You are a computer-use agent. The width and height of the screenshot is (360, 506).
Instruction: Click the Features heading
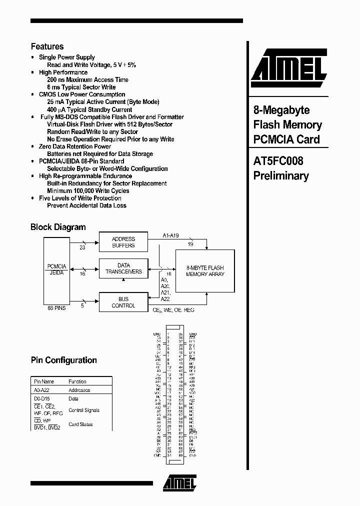(x=47, y=46)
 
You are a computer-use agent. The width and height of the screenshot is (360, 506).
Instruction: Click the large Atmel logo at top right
(x=288, y=66)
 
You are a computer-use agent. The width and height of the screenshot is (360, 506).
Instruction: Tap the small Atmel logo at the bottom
(x=179, y=483)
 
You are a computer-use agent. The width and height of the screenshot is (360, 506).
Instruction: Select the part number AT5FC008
(x=278, y=161)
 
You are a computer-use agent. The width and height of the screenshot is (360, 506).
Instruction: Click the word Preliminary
(x=281, y=176)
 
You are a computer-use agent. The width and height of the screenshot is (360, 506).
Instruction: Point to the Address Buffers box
(x=123, y=242)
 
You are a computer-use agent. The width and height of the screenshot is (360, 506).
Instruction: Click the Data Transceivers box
(x=123, y=268)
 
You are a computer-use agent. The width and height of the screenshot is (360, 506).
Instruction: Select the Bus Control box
(x=123, y=302)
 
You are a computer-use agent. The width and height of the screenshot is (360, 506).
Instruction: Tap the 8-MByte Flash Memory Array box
(x=205, y=271)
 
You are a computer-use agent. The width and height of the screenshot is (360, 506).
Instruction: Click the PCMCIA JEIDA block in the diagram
(x=56, y=270)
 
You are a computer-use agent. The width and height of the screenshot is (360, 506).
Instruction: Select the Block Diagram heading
(x=58, y=227)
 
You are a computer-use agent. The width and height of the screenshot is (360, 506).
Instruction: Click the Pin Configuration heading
(x=63, y=360)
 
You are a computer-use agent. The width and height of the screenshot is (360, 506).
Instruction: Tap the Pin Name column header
(x=44, y=381)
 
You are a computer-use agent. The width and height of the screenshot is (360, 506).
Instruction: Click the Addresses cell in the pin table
(x=79, y=390)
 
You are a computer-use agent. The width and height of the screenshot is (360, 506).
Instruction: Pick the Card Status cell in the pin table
(x=80, y=424)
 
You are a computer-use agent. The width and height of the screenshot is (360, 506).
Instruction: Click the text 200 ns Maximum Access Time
(x=87, y=80)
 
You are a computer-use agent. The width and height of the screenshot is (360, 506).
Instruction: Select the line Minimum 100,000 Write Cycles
(x=88, y=191)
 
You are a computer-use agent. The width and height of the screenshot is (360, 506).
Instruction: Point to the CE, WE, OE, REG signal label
(x=173, y=310)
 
